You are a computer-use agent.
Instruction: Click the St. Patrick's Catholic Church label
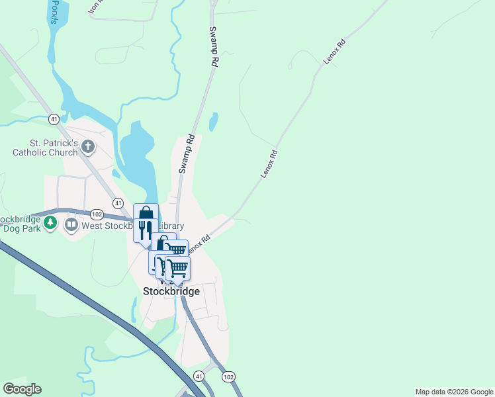click(x=45, y=147)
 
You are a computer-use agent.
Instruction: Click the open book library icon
click(x=71, y=225)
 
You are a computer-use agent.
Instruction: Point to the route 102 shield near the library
click(x=97, y=214)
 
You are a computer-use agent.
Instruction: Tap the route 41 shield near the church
click(x=54, y=119)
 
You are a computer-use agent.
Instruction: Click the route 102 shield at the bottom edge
click(x=229, y=376)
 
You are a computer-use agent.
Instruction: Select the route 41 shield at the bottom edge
click(x=199, y=376)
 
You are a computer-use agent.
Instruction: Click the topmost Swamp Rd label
click(x=213, y=46)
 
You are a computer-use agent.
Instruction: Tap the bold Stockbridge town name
click(x=171, y=291)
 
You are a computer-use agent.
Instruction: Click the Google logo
click(x=22, y=389)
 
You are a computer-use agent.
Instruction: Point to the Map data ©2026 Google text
click(x=454, y=392)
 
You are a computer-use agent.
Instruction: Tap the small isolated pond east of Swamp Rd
click(x=213, y=122)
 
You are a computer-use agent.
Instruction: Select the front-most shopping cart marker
click(x=177, y=268)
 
